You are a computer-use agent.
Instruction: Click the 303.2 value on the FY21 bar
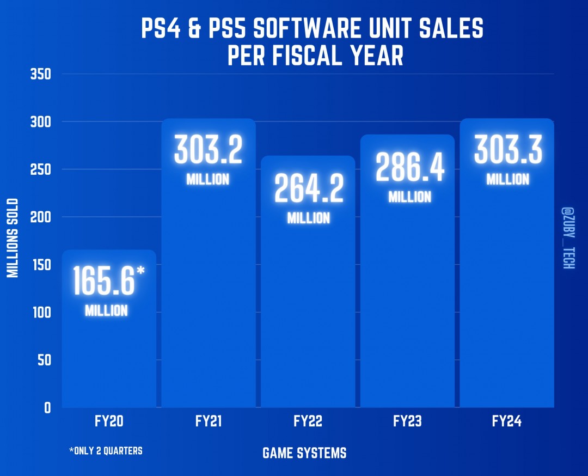click(x=208, y=150)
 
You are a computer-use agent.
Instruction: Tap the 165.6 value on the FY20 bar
click(x=104, y=282)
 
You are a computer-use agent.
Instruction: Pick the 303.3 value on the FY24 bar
click(x=508, y=150)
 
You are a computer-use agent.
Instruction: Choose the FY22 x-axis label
click(x=308, y=422)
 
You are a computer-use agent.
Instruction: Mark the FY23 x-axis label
click(x=407, y=422)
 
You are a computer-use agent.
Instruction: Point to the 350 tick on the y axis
click(x=41, y=74)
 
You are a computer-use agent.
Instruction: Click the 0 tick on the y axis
click(x=47, y=408)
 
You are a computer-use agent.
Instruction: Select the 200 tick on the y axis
click(x=41, y=217)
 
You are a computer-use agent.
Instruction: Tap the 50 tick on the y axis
click(x=44, y=360)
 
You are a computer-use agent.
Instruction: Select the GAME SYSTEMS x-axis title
click(x=304, y=453)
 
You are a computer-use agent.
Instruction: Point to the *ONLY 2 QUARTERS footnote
click(x=106, y=451)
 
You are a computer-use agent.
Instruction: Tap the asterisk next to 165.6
click(x=140, y=271)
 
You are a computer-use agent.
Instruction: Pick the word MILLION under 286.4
click(x=409, y=197)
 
